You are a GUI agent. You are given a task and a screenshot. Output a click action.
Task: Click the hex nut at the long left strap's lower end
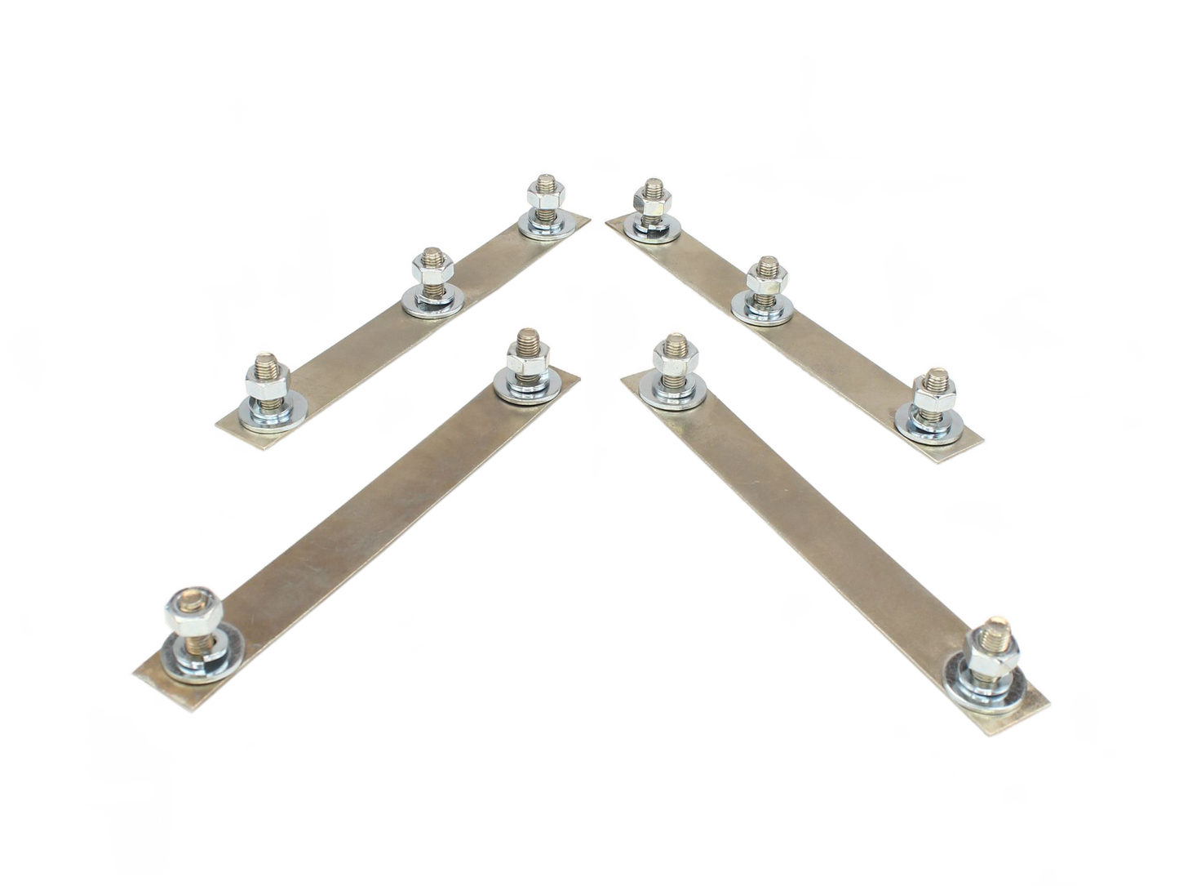click(x=189, y=609)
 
